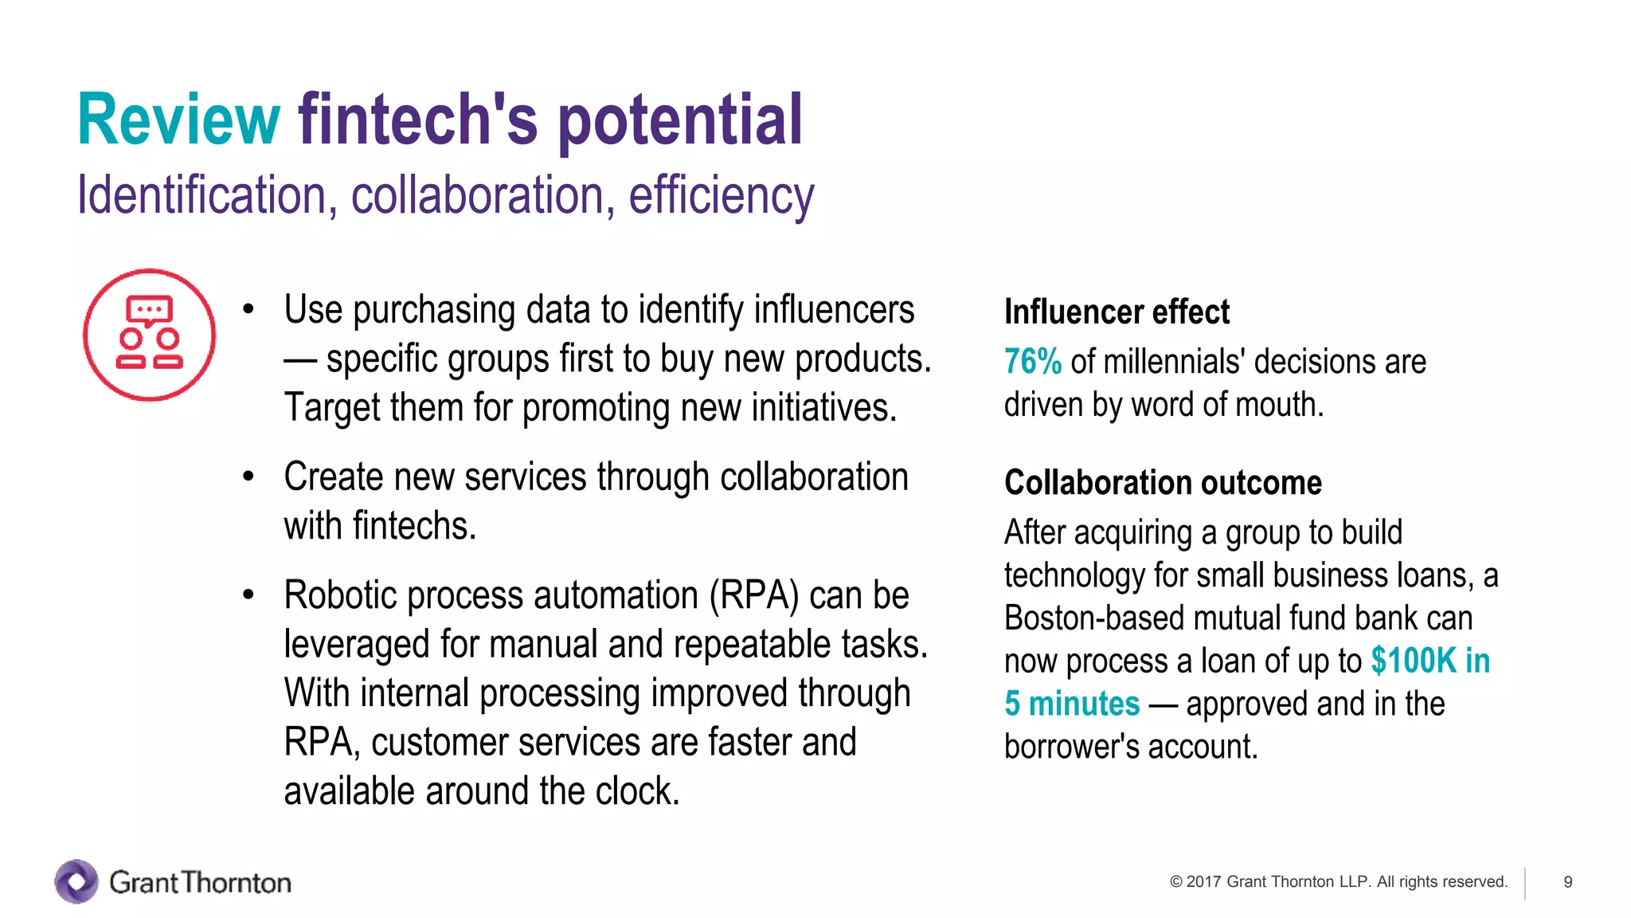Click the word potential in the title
(679, 121)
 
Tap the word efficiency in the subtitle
(721, 196)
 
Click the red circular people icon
(149, 334)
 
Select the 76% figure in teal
(1032, 362)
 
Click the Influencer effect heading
(1117, 312)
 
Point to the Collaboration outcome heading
(1163, 483)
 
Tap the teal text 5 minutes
(1072, 704)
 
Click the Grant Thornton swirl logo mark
(76, 881)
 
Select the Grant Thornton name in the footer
(200, 882)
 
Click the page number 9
(1567, 882)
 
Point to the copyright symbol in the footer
(1175, 882)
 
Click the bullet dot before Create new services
(248, 477)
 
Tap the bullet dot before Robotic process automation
(248, 595)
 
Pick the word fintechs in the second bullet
(414, 527)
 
